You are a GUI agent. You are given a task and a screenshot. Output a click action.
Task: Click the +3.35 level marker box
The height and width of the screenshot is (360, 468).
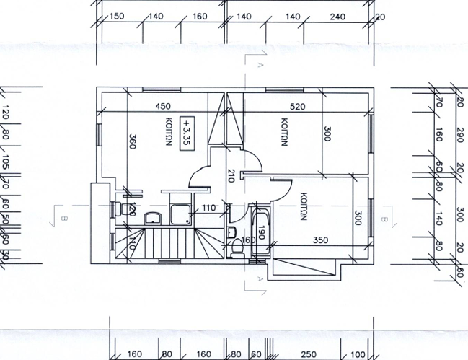[x=188, y=132]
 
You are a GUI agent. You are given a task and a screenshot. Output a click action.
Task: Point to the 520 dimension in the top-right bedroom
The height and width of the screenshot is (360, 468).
[x=296, y=107]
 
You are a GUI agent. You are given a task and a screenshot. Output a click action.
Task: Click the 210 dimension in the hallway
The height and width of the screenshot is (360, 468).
[x=231, y=176]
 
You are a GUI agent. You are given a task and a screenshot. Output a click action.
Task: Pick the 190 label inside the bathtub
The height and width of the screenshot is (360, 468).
[x=262, y=232]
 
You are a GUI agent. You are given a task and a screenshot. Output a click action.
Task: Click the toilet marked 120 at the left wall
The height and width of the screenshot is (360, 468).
[x=120, y=209]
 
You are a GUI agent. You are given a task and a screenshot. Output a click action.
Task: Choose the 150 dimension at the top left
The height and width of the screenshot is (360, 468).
[x=116, y=16]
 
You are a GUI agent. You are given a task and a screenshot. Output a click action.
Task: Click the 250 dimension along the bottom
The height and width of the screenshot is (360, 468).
[x=309, y=355]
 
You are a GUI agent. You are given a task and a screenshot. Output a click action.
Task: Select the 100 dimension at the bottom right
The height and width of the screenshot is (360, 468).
[x=358, y=355]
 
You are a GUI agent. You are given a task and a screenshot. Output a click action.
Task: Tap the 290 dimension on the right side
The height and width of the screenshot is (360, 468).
[x=459, y=135]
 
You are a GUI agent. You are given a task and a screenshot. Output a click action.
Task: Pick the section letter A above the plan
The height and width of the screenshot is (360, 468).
[x=258, y=65]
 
